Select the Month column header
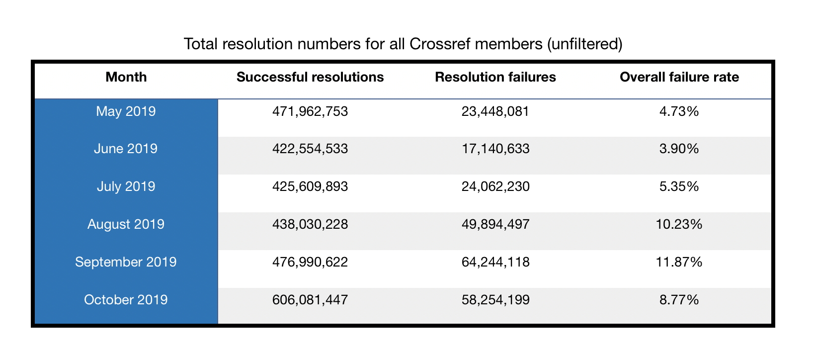pyautogui.click(x=126, y=77)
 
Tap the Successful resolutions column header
pyautogui.click(x=310, y=77)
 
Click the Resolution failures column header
pyautogui.click(x=495, y=77)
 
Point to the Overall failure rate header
pyautogui.click(x=679, y=77)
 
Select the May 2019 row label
pyautogui.click(x=126, y=111)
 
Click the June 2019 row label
pyautogui.click(x=126, y=149)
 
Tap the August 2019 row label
pyautogui.click(x=126, y=224)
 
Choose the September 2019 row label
pyautogui.click(x=126, y=262)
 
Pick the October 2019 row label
pyautogui.click(x=126, y=300)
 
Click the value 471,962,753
pyautogui.click(x=310, y=111)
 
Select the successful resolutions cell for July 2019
pyautogui.click(x=310, y=186)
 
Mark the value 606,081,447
pyautogui.click(x=310, y=300)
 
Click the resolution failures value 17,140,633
pyautogui.click(x=495, y=149)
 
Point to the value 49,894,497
pyautogui.click(x=495, y=224)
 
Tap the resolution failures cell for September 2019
pyautogui.click(x=495, y=262)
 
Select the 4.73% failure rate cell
pyautogui.click(x=679, y=111)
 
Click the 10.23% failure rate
pyautogui.click(x=679, y=224)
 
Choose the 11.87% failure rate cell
pyautogui.click(x=679, y=262)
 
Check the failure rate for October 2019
pyautogui.click(x=679, y=300)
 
